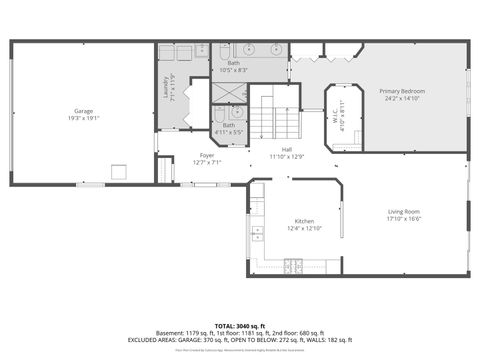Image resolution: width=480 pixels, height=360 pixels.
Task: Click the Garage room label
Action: tap(84, 111)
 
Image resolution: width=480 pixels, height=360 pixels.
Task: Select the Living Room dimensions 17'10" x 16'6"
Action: tap(404, 218)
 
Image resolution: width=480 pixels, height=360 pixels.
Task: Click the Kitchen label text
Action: tap(304, 221)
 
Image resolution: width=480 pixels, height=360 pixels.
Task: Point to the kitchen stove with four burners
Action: tap(294, 266)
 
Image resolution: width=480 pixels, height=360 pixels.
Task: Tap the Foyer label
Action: tap(207, 155)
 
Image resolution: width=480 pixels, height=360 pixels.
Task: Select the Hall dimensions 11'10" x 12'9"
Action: tap(286, 156)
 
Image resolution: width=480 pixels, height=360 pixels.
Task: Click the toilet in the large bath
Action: tap(226, 51)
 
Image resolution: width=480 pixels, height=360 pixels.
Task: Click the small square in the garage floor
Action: tap(119, 172)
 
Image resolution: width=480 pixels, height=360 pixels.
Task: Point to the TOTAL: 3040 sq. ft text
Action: tap(239, 326)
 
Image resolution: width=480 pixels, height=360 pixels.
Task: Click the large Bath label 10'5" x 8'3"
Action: tap(234, 65)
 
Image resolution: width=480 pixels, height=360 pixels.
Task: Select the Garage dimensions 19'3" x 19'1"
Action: tap(84, 118)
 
